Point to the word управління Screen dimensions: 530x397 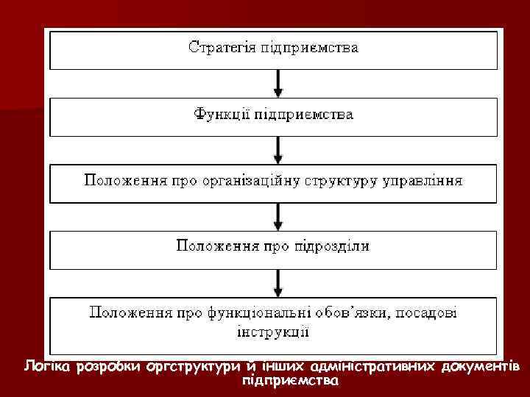coord(425,180)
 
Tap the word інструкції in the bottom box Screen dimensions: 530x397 coord(273,332)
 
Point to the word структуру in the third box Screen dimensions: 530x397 coord(352,181)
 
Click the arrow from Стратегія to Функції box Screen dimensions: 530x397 coord(278,82)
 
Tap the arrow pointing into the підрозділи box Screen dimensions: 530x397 coord(278,214)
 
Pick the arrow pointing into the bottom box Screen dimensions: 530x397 coord(278,280)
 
